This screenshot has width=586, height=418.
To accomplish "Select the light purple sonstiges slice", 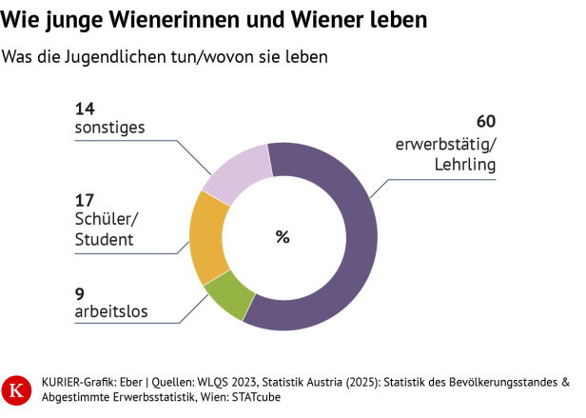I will tap(233, 171).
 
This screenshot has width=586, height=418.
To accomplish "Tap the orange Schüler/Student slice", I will tap(206, 238).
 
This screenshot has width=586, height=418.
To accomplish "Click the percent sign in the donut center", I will tap(283, 237).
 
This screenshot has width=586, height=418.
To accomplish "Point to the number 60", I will tap(486, 121).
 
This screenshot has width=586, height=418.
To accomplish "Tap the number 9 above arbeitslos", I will tap(80, 292).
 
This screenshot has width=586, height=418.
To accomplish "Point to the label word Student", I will tap(104, 240).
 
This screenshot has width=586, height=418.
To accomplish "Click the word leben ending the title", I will tap(398, 19).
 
